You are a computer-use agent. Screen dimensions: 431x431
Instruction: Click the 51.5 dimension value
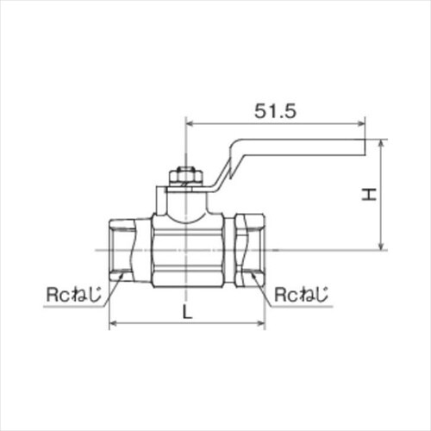pos(275,111)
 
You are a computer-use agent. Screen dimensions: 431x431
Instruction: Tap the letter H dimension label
pos(369,195)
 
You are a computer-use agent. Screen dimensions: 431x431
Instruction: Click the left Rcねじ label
pos(74,294)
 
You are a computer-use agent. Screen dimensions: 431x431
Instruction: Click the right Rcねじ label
pos(301,294)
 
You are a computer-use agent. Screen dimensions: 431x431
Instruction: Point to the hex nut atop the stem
pos(186,176)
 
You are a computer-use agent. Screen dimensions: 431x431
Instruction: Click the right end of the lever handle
pos(365,147)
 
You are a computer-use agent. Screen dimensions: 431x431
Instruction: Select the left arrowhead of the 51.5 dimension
pos(191,124)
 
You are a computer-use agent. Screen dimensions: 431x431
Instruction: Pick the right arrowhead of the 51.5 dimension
pos(361,124)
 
